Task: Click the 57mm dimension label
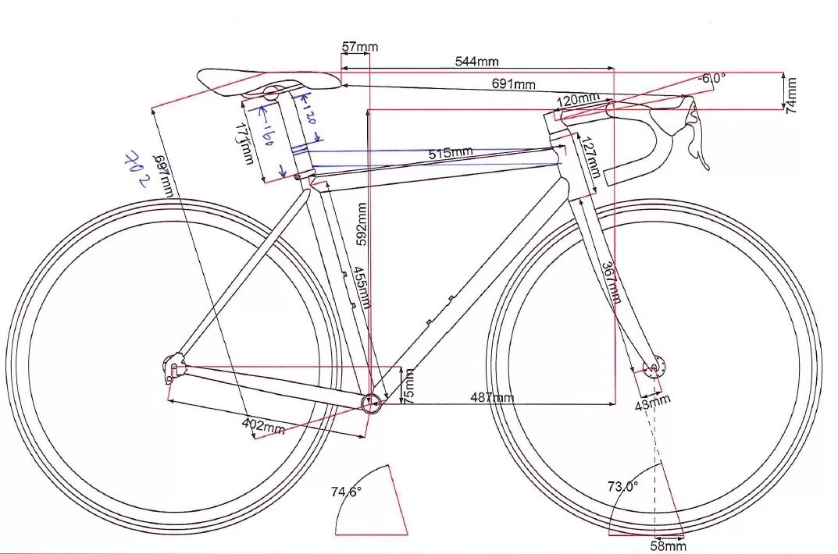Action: click(359, 47)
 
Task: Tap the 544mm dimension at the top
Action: click(476, 61)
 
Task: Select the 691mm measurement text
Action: click(513, 83)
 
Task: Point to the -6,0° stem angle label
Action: click(711, 78)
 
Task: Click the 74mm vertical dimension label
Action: click(791, 92)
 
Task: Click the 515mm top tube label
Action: click(451, 152)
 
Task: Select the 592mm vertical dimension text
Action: click(362, 225)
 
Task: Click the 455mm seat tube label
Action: click(361, 287)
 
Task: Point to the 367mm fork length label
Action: click(612, 282)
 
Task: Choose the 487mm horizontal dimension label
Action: click(492, 398)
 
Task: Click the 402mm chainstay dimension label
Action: click(262, 426)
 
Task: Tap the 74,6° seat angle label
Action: click(346, 492)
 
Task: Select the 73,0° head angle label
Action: click(622, 486)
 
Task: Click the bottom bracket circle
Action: click(372, 403)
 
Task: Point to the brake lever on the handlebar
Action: click(697, 137)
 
